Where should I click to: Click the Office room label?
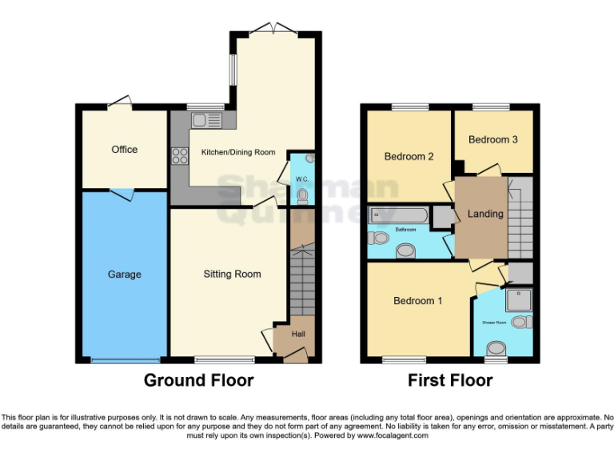tap(124, 150)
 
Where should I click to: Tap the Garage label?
tap(124, 275)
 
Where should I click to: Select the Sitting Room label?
tap(232, 275)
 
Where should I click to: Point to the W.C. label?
tap(301, 178)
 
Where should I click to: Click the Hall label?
tap(297, 334)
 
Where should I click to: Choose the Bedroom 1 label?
tap(417, 302)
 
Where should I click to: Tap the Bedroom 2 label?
tap(409, 157)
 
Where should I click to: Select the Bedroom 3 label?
tap(492, 140)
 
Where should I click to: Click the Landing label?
tap(485, 214)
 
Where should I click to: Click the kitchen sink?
tap(205, 121)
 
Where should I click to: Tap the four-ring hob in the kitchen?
tap(179, 157)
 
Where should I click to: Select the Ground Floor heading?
tap(198, 381)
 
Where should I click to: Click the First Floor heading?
tap(450, 381)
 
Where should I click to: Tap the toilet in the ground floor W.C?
tap(302, 194)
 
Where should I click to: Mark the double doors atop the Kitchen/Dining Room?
tap(272, 30)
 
